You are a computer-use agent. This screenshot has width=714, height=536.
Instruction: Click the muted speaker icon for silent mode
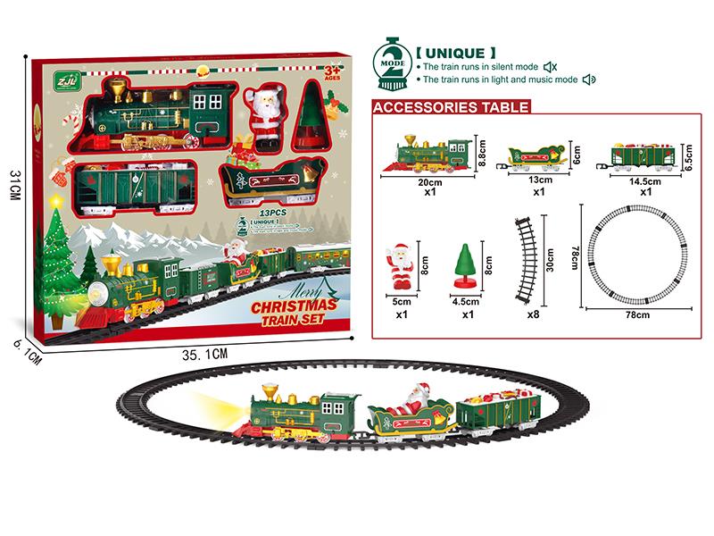coord(551,66)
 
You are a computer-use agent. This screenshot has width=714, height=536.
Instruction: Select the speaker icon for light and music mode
coord(587,80)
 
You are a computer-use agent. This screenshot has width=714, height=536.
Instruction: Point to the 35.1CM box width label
coord(206,354)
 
